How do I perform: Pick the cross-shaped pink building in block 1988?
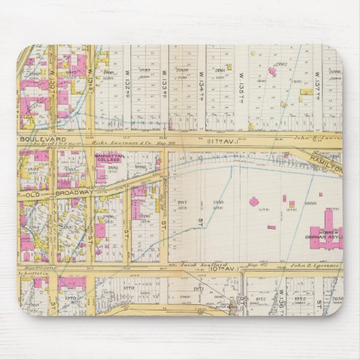point(254,201)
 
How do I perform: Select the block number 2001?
point(219,71)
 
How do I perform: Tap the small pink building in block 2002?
point(272,71)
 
